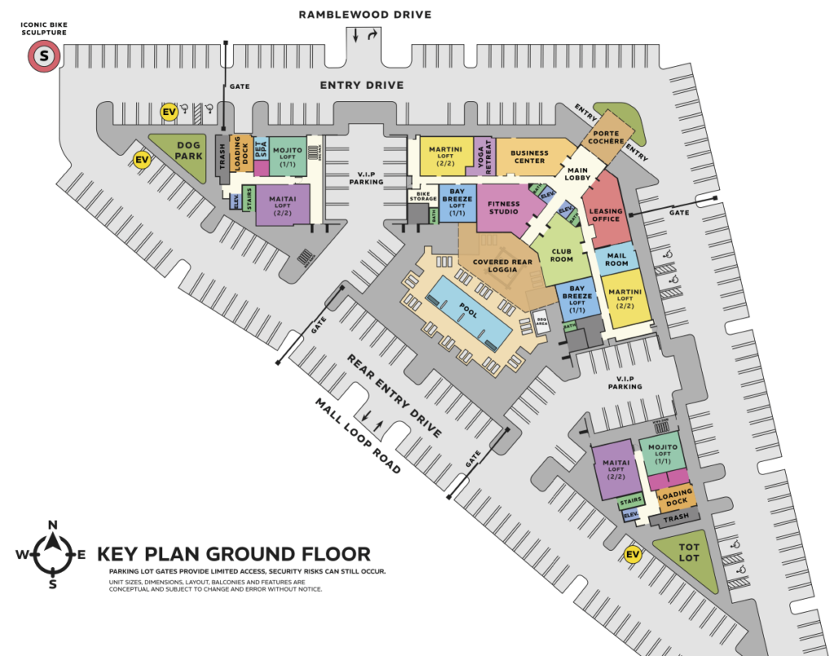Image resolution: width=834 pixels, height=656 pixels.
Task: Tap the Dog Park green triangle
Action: [186, 156]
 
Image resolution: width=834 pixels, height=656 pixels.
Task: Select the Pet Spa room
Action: [261, 150]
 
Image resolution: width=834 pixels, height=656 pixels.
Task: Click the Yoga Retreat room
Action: [481, 156]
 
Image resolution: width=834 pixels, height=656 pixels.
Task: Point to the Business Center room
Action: [529, 156]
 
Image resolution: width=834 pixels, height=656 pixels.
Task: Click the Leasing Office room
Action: [604, 214]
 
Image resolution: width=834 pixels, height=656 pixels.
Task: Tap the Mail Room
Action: [616, 259]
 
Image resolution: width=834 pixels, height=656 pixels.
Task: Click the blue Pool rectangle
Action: [468, 313]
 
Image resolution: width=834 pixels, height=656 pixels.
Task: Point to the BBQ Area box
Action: [541, 320]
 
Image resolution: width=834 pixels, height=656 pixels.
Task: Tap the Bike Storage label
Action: [423, 197]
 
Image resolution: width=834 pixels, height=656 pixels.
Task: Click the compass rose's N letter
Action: [53, 525]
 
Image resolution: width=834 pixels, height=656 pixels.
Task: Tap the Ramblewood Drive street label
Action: [364, 15]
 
